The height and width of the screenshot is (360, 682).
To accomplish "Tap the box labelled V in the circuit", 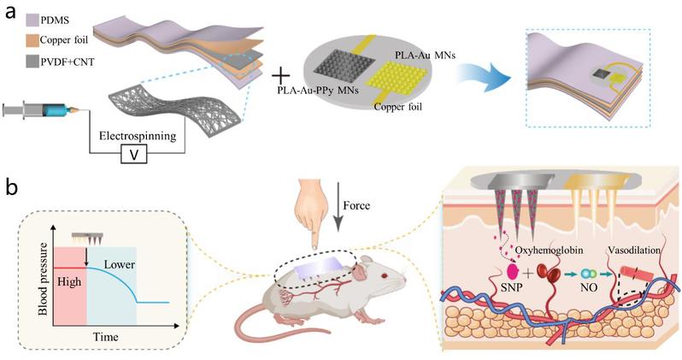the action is (x=134, y=155).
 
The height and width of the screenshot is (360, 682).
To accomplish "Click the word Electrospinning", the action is (x=138, y=136).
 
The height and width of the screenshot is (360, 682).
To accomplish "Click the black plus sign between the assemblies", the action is (x=281, y=76).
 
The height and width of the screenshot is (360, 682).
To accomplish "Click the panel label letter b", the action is (x=12, y=188).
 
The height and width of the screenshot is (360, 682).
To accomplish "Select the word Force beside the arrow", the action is (x=356, y=205).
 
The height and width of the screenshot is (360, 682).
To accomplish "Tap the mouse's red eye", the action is (x=384, y=275).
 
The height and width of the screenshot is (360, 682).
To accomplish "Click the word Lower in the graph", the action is (x=119, y=264).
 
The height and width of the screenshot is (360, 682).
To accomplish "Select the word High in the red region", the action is (x=69, y=282).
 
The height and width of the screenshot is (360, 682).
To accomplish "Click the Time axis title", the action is (x=106, y=337).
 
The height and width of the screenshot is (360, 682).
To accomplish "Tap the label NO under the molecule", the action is (x=590, y=287).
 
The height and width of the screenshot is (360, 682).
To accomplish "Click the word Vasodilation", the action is (x=634, y=251).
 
